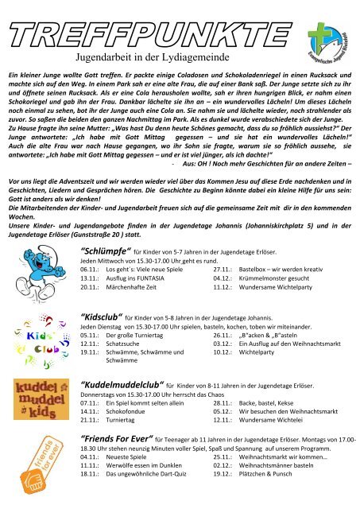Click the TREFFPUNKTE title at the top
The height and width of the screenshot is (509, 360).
point(143,17)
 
